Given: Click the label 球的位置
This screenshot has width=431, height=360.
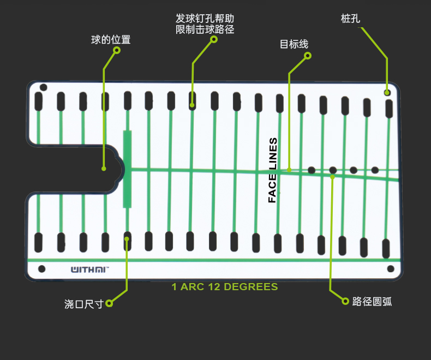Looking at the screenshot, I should (x=111, y=40).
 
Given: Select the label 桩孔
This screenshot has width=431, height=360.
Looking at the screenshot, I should (x=350, y=19).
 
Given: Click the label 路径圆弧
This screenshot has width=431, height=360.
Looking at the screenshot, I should (x=372, y=301).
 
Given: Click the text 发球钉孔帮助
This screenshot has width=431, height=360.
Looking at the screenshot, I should (x=205, y=18).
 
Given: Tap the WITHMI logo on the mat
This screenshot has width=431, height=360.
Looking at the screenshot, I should (x=89, y=269).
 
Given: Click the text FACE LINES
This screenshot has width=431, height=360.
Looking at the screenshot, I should (x=273, y=170).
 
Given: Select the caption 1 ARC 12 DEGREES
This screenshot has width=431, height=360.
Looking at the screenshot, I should (x=225, y=287).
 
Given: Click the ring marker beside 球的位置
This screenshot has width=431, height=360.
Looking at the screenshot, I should (x=116, y=50).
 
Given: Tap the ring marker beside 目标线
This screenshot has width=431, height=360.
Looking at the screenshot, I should (x=307, y=56).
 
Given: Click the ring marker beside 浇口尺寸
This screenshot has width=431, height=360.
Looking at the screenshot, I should (x=109, y=303).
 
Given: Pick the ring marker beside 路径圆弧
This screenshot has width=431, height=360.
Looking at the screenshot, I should (x=345, y=301).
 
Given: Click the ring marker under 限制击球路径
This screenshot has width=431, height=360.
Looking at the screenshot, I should (x=214, y=39).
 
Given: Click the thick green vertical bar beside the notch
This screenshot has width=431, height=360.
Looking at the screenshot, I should (x=127, y=169).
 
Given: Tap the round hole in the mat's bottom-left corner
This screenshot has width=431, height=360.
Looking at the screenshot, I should (x=41, y=268).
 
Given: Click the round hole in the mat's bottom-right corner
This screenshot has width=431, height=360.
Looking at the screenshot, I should (x=390, y=269).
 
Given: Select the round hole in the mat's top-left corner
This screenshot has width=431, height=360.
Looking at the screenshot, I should (x=44, y=87).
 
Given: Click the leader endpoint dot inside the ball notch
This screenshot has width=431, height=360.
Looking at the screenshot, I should (x=104, y=169).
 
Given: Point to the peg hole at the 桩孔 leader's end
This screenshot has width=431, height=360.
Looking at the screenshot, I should (x=387, y=93).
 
